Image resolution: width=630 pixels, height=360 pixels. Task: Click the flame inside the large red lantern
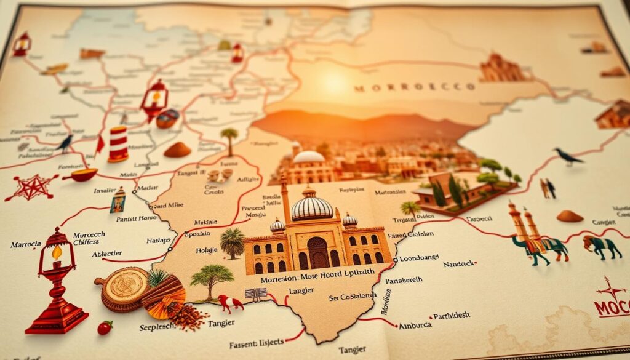click(x=57, y=253)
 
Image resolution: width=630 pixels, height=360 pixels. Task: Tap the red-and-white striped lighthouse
click(x=118, y=144)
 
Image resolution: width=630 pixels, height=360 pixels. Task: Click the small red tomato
click(x=105, y=327)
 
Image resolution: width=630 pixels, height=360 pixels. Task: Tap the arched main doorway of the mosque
click(x=318, y=252)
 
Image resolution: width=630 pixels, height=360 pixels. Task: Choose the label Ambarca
click(x=417, y=326)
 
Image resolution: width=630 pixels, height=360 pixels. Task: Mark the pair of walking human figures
click(x=548, y=188)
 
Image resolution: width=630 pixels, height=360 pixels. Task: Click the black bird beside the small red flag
click(x=64, y=143)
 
